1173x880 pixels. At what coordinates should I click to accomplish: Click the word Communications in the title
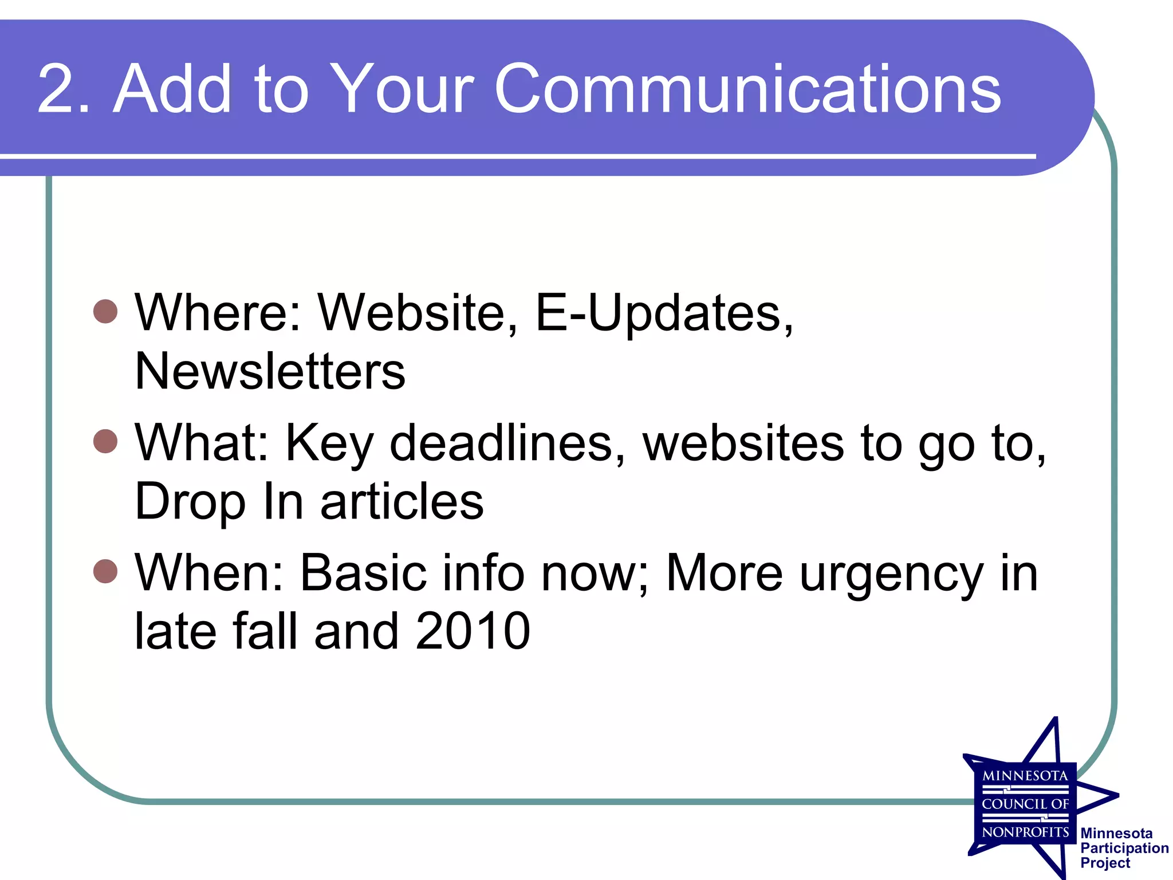747,89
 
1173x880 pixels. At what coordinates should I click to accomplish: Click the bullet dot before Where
105,311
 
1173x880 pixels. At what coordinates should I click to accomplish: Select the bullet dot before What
105,441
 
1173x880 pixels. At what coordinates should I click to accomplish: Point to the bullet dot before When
105,571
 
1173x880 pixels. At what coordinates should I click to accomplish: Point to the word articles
402,501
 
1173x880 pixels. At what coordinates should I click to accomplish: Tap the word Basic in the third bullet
363,573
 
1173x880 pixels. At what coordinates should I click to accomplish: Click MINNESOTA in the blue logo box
1025,776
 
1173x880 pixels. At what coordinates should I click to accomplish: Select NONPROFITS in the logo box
1025,832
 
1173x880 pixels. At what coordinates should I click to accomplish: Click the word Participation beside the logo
1124,848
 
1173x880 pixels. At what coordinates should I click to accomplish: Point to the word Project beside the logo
1105,863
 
